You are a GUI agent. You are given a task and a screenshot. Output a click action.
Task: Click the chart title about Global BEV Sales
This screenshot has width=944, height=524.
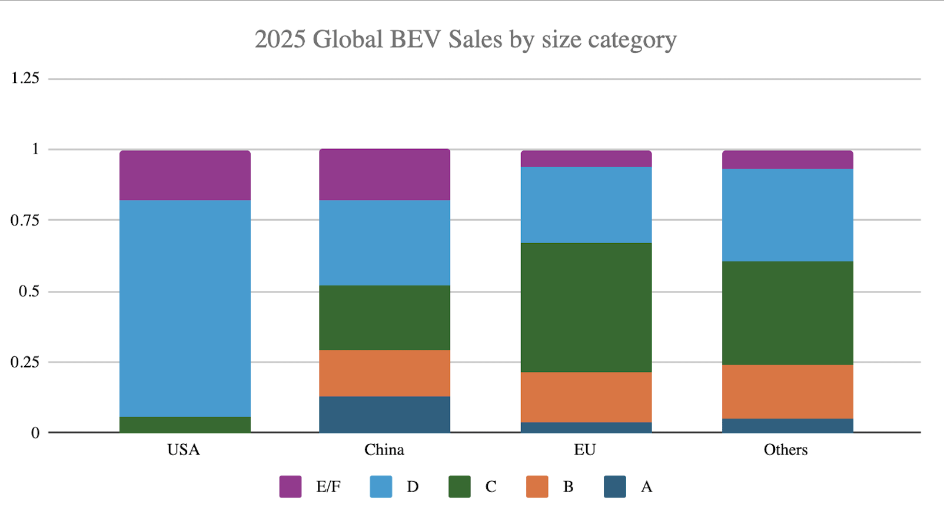[x=466, y=40]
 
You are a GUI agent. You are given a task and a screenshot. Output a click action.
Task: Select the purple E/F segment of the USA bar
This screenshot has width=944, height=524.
[x=185, y=175]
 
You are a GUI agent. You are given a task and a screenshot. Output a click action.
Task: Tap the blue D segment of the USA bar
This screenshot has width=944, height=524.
[x=185, y=309]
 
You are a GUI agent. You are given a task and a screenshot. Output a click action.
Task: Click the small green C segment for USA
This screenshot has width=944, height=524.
[x=185, y=424]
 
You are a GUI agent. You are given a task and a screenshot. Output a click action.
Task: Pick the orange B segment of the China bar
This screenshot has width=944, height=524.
[x=384, y=373]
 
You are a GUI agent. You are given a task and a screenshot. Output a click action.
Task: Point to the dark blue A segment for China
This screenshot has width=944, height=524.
[x=384, y=414]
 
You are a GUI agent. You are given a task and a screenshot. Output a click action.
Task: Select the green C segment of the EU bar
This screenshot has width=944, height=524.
[x=586, y=307]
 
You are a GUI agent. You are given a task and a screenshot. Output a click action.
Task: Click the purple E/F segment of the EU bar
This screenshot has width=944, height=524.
[x=586, y=159]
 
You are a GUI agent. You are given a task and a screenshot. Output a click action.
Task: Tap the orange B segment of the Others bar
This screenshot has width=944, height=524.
[x=787, y=392]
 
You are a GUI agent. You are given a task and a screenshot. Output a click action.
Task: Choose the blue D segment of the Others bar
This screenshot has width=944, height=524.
[x=787, y=215]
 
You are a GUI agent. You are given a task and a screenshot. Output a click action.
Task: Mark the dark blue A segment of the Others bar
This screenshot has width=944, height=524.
[x=787, y=426]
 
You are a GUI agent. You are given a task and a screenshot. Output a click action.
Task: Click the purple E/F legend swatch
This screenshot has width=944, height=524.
[x=290, y=487]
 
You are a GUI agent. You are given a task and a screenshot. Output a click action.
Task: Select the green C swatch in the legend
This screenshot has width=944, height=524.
[x=459, y=487]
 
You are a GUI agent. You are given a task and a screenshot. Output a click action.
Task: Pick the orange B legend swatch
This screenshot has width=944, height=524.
[x=537, y=487]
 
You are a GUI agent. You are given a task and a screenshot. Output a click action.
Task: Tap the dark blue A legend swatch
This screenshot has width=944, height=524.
[x=614, y=487]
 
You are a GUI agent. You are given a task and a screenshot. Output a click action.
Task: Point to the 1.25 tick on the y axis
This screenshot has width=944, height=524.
[x=25, y=78]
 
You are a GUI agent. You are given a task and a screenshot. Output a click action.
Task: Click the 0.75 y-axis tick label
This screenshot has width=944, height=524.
[x=25, y=220]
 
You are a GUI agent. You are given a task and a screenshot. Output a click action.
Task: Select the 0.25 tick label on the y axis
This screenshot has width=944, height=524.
[x=25, y=362]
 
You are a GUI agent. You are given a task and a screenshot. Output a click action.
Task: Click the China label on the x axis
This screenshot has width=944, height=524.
[x=384, y=450]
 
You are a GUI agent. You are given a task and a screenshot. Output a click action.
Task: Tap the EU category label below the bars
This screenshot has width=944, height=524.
[x=585, y=450]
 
